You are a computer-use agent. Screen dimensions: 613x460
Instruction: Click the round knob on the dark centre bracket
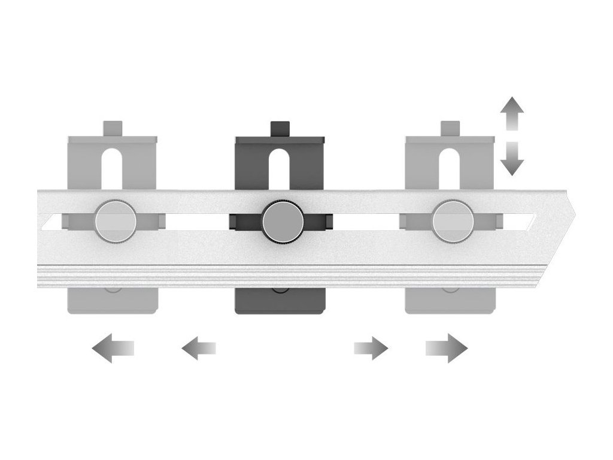(x=280, y=222)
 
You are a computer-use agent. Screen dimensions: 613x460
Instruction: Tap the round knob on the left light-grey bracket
(x=115, y=222)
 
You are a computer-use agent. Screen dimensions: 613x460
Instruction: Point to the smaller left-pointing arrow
(x=198, y=348)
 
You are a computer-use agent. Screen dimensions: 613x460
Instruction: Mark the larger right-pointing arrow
(x=447, y=348)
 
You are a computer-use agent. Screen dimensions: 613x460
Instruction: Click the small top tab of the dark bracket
(x=280, y=129)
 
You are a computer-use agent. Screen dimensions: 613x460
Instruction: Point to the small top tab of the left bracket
(x=113, y=129)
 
